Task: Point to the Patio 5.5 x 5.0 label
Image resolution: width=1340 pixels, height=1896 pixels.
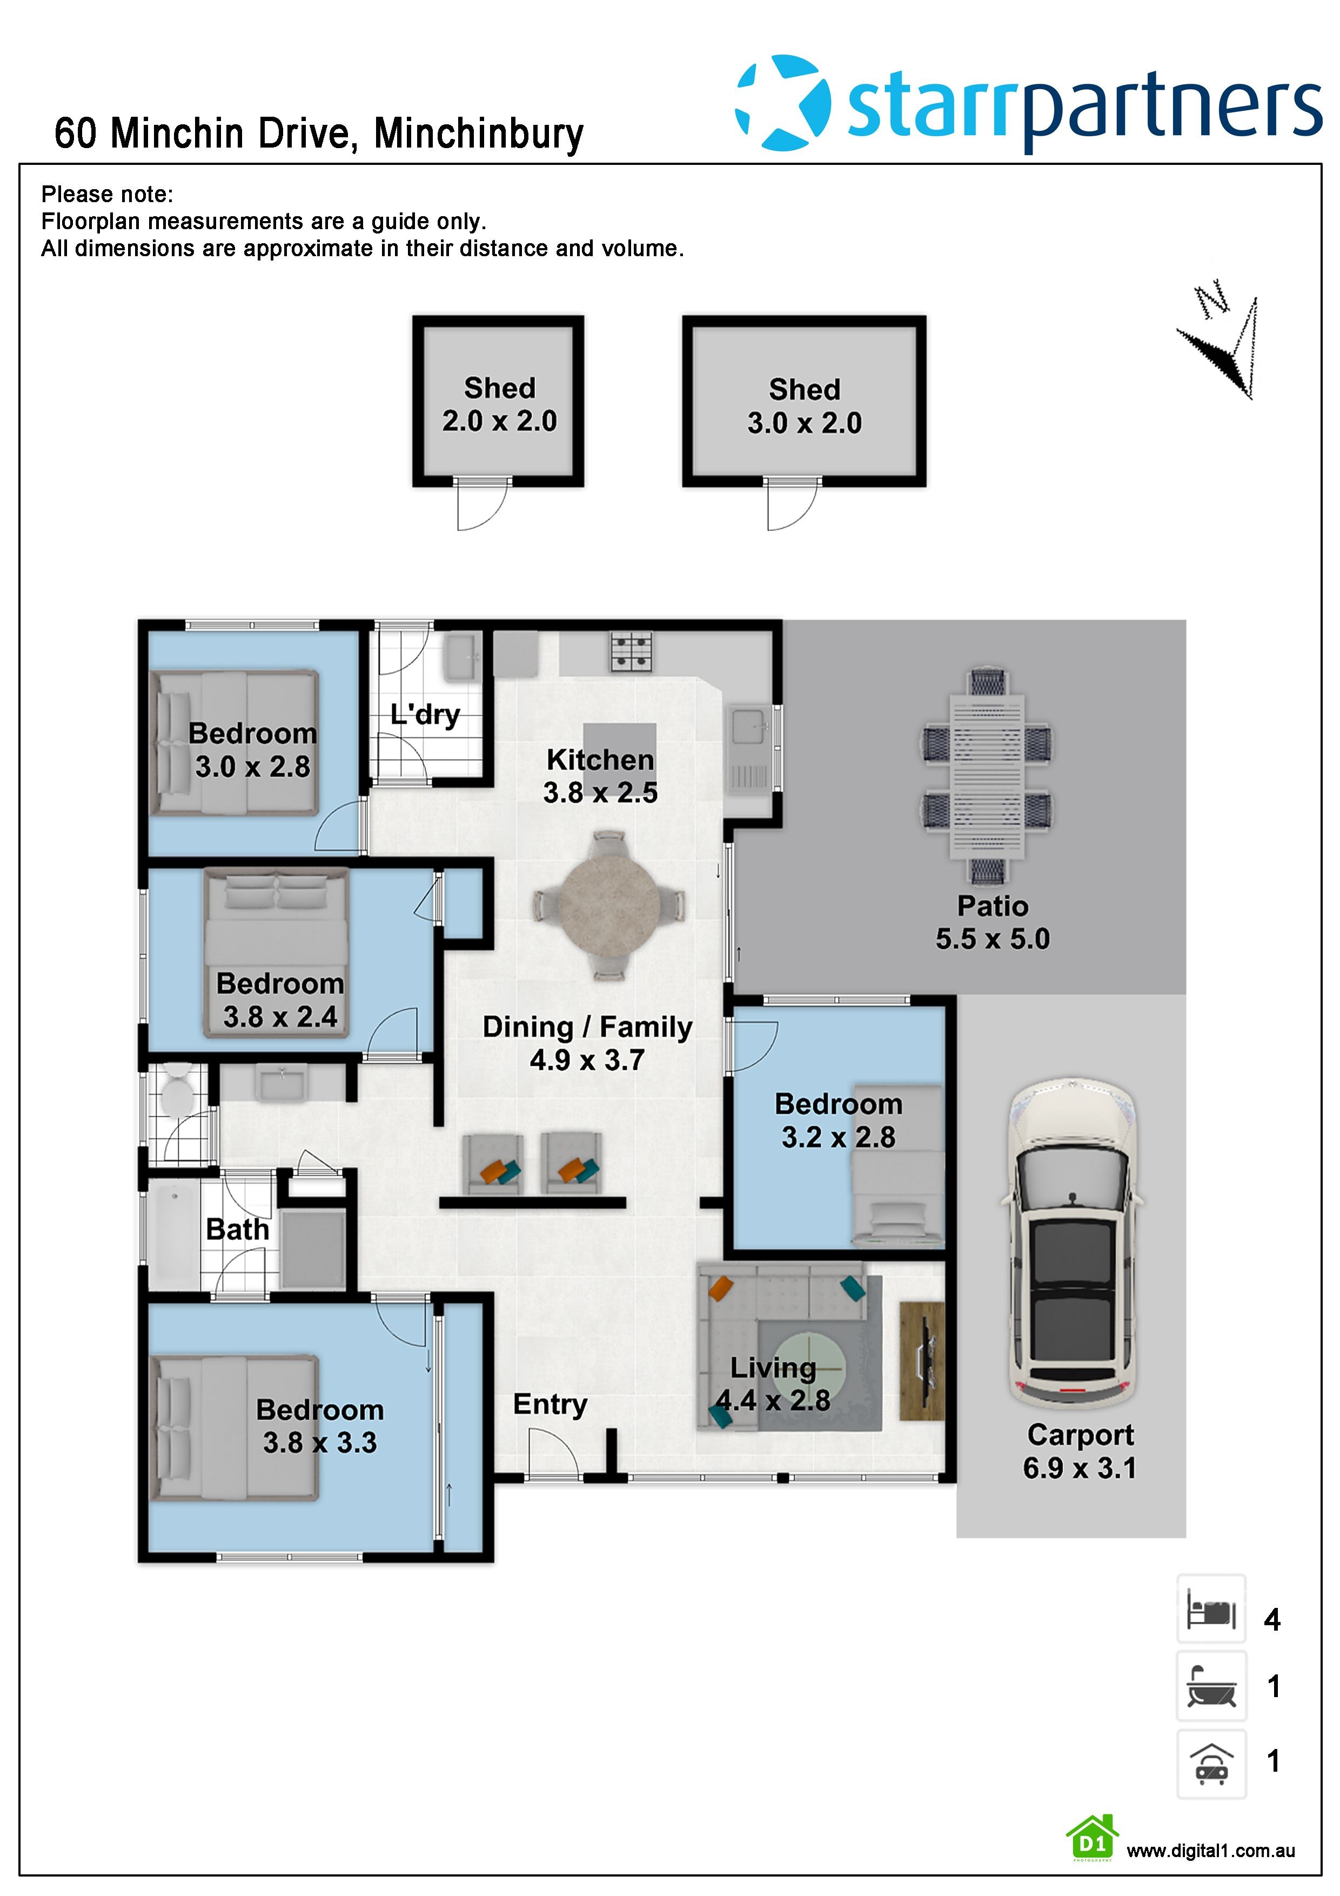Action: pos(993,923)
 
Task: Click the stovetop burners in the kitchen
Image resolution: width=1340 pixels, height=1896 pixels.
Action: pos(632,651)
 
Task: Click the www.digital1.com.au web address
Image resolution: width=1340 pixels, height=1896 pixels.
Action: pos(1210,1851)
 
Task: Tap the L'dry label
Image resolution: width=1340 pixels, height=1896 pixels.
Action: pos(425,715)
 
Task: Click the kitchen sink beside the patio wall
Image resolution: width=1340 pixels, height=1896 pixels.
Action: pos(749,750)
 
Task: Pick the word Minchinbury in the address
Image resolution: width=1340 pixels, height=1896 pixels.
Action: pos(479,134)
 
